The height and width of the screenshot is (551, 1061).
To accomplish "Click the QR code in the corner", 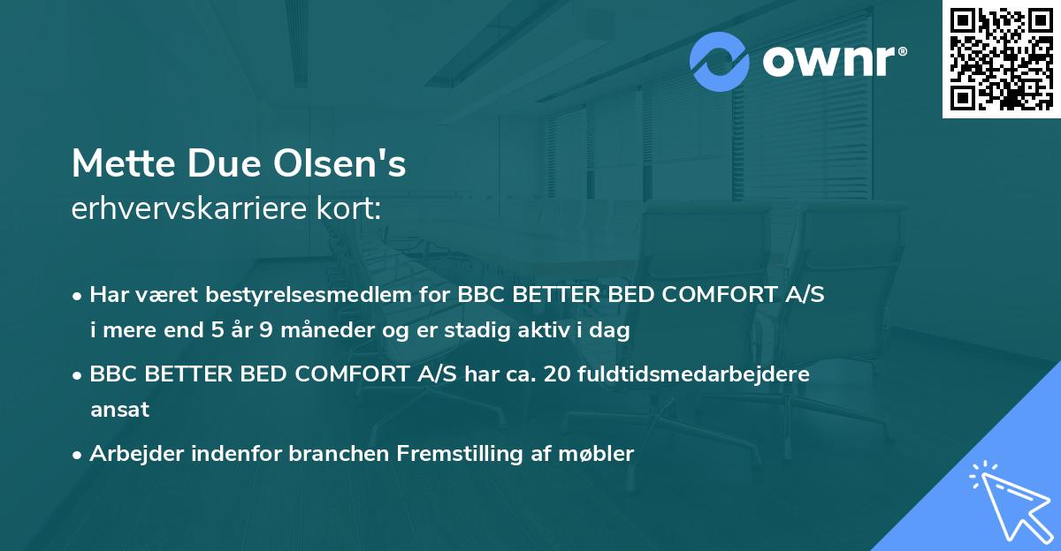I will tap(1002, 59).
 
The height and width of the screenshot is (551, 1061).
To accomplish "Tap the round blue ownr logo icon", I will tap(720, 61).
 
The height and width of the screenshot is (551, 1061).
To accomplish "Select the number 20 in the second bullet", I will tap(560, 374).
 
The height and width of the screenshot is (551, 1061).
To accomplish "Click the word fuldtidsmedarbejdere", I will tap(694, 374).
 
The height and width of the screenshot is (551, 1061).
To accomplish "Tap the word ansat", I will tap(119, 410).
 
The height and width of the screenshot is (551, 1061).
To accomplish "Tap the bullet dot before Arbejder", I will tap(79, 455).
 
